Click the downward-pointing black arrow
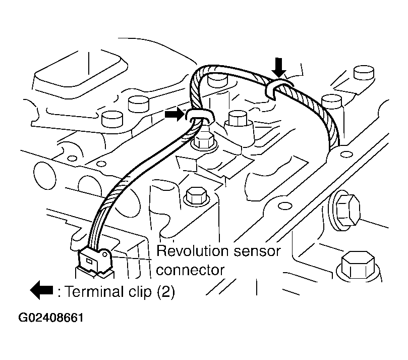[279, 68]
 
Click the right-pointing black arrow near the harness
[174, 114]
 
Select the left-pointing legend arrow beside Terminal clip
[41, 290]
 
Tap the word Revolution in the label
[192, 251]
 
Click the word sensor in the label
[257, 251]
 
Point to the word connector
[190, 270]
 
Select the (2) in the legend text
[166, 292]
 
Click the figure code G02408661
[51, 318]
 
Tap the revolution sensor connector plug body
[95, 261]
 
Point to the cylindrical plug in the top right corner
[364, 72]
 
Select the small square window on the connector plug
[89, 261]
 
